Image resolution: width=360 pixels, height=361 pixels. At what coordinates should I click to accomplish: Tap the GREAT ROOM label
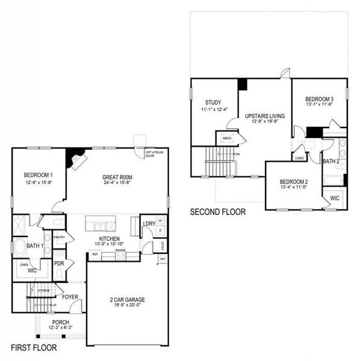point(117,177)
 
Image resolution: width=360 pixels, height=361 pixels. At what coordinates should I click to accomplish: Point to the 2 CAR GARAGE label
point(128,300)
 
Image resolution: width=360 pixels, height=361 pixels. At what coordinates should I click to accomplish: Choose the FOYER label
point(70,297)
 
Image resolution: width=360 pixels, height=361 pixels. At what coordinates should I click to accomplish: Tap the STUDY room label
point(213,102)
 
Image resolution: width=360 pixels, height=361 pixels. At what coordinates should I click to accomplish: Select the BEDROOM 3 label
point(319,99)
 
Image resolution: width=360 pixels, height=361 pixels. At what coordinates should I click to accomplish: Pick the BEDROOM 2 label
point(294,182)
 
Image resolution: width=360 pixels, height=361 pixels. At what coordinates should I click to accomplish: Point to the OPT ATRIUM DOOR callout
point(153,155)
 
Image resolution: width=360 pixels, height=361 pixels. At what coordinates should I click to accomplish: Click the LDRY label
point(149,224)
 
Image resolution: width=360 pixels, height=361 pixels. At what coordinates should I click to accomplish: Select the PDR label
point(59,264)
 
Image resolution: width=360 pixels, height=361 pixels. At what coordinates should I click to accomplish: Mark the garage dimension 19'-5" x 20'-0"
point(128,306)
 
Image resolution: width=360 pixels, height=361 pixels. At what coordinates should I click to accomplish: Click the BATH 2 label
point(332,161)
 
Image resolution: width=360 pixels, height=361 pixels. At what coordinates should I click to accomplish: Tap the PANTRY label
point(59,237)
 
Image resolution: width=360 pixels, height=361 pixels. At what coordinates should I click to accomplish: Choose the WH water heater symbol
point(163,259)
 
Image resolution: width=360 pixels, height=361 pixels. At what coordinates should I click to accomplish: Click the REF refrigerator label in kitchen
point(95,255)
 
